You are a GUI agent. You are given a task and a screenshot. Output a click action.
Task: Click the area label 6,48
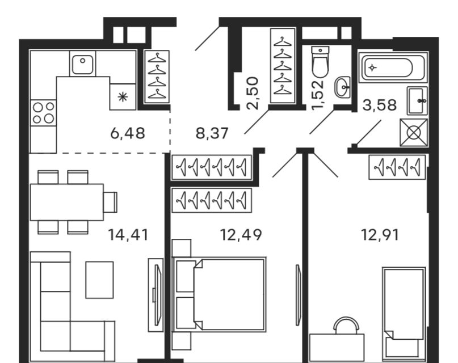pyautogui.click(x=128, y=133)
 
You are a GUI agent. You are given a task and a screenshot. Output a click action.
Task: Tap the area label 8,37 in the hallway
pyautogui.click(x=212, y=133)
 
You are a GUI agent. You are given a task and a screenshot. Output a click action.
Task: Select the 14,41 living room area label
pyautogui.click(x=128, y=235)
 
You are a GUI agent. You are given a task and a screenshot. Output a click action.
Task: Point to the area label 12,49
pyautogui.click(x=241, y=235)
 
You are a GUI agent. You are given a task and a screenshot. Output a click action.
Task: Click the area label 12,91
pyautogui.click(x=380, y=235)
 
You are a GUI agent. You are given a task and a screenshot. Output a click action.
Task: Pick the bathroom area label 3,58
pyautogui.click(x=380, y=105)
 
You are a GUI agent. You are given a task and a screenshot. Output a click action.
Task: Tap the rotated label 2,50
pyautogui.click(x=253, y=93)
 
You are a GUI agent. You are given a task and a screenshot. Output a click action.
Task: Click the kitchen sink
pyautogui.click(x=83, y=64)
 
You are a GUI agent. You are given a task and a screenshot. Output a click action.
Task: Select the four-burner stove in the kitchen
pyautogui.click(x=44, y=113)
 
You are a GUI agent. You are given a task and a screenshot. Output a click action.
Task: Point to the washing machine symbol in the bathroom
pyautogui.click(x=414, y=133)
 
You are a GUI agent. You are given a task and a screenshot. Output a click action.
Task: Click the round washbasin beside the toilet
pyautogui.click(x=343, y=87)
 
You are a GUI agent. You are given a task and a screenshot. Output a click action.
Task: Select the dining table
pyautogui.click(x=67, y=202)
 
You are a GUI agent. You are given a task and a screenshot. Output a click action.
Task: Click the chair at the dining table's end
pyautogui.click(x=111, y=202)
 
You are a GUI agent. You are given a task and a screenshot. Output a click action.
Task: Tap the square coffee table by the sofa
pyautogui.click(x=100, y=280)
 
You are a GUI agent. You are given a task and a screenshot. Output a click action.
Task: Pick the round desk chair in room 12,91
pyautogui.click(x=346, y=326)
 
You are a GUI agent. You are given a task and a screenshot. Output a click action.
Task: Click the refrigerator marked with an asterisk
pyautogui.click(x=123, y=97)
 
